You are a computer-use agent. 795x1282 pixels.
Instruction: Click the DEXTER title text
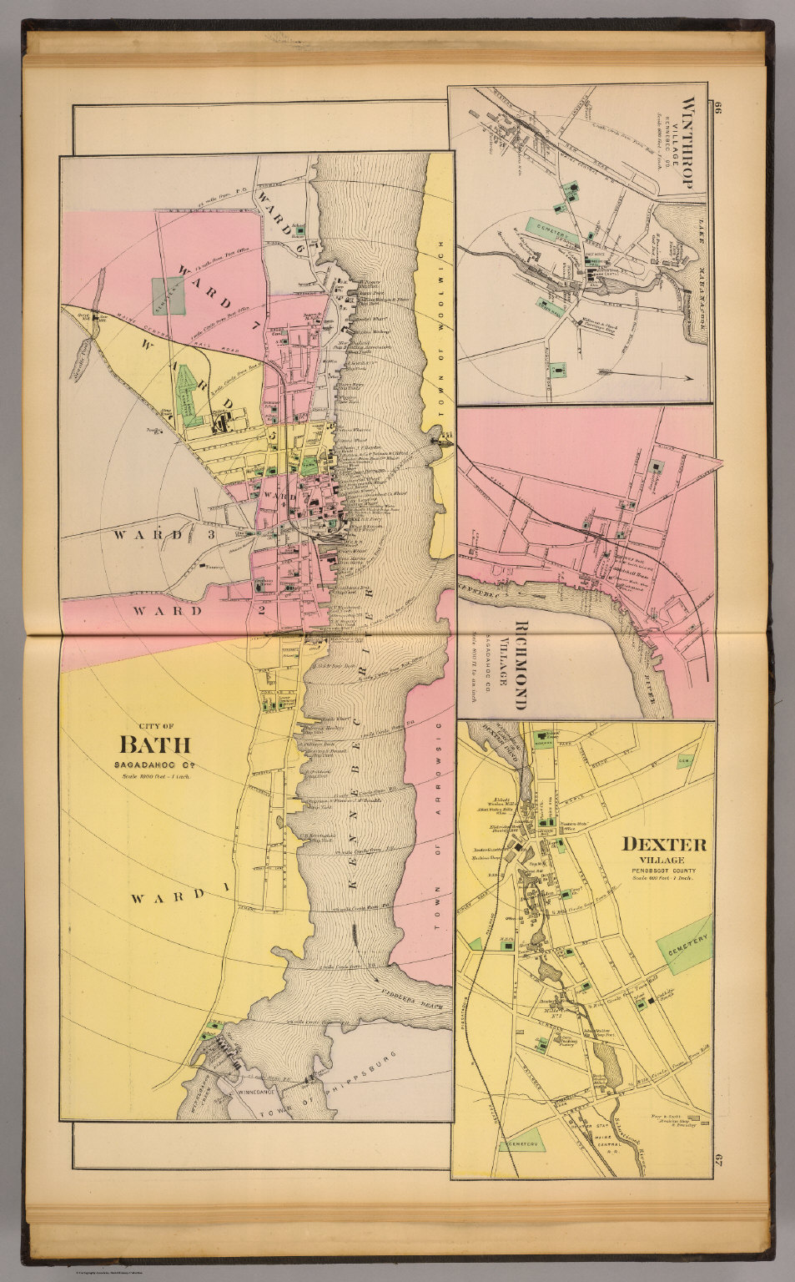click(x=664, y=844)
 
